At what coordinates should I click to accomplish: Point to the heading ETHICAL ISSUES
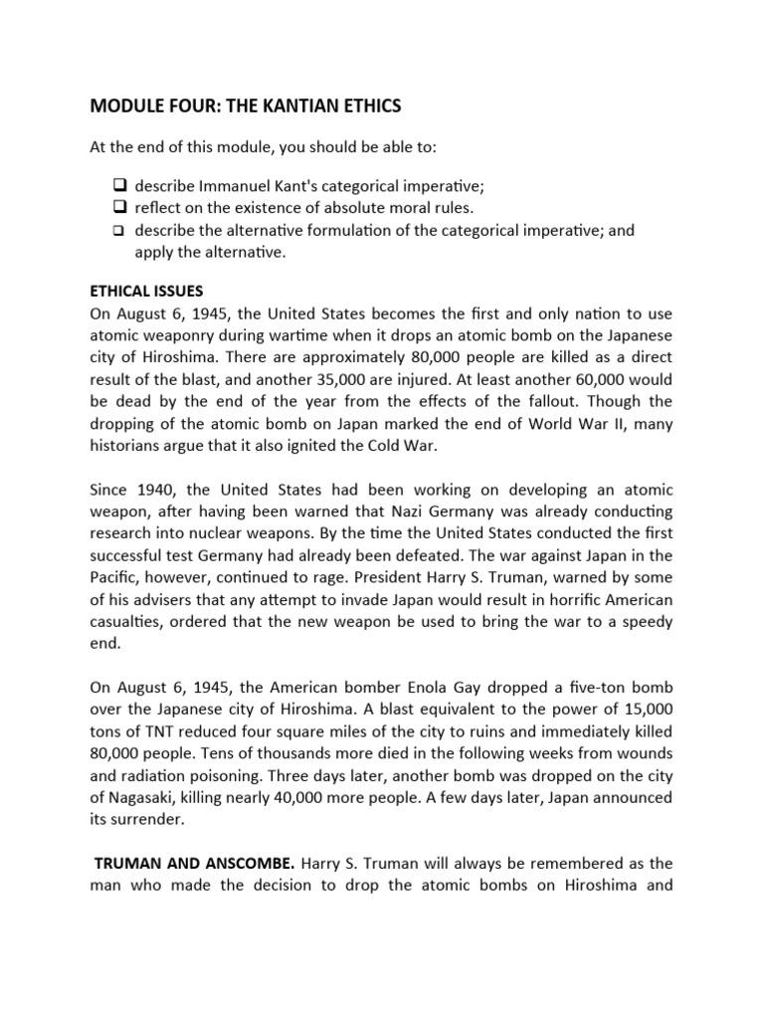tap(147, 291)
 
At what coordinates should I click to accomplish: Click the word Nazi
tap(459, 512)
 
